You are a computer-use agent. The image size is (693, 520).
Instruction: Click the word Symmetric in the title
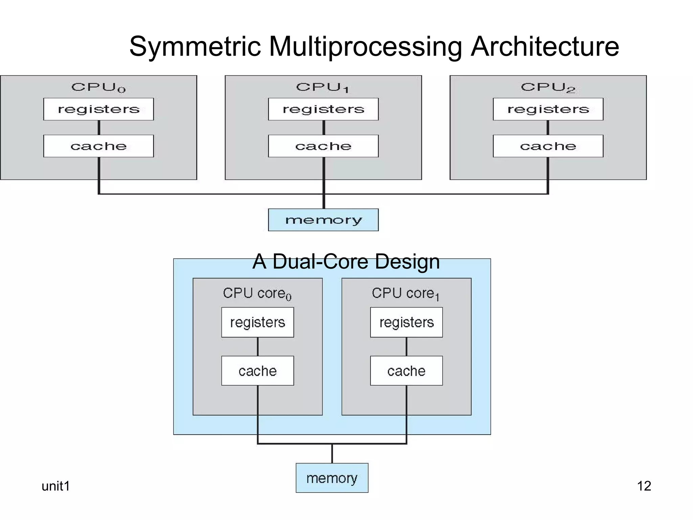[195, 47]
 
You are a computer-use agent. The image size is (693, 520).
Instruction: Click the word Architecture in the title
[545, 47]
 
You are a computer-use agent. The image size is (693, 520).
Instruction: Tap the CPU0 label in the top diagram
[98, 87]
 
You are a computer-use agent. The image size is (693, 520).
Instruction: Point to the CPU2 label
[548, 87]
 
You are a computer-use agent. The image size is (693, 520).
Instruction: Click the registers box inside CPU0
[98, 109]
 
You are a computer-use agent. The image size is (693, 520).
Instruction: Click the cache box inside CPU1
[323, 146]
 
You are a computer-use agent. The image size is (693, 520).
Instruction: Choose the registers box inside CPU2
[548, 109]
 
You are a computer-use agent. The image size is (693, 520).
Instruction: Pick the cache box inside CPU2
[548, 146]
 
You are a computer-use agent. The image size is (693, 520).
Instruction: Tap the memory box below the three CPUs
[323, 220]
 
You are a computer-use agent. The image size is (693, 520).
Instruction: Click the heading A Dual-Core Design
[346, 261]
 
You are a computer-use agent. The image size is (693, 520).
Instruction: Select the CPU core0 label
[257, 293]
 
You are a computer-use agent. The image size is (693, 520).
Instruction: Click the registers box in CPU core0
[258, 322]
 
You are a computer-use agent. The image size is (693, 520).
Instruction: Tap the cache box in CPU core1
[406, 371]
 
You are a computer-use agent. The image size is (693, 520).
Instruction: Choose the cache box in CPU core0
[258, 371]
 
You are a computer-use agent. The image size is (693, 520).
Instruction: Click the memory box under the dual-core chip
[332, 478]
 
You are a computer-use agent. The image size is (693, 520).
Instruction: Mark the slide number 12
[644, 486]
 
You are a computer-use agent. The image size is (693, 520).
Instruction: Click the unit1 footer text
[55, 486]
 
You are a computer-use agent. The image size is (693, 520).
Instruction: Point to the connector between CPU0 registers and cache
[99, 128]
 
